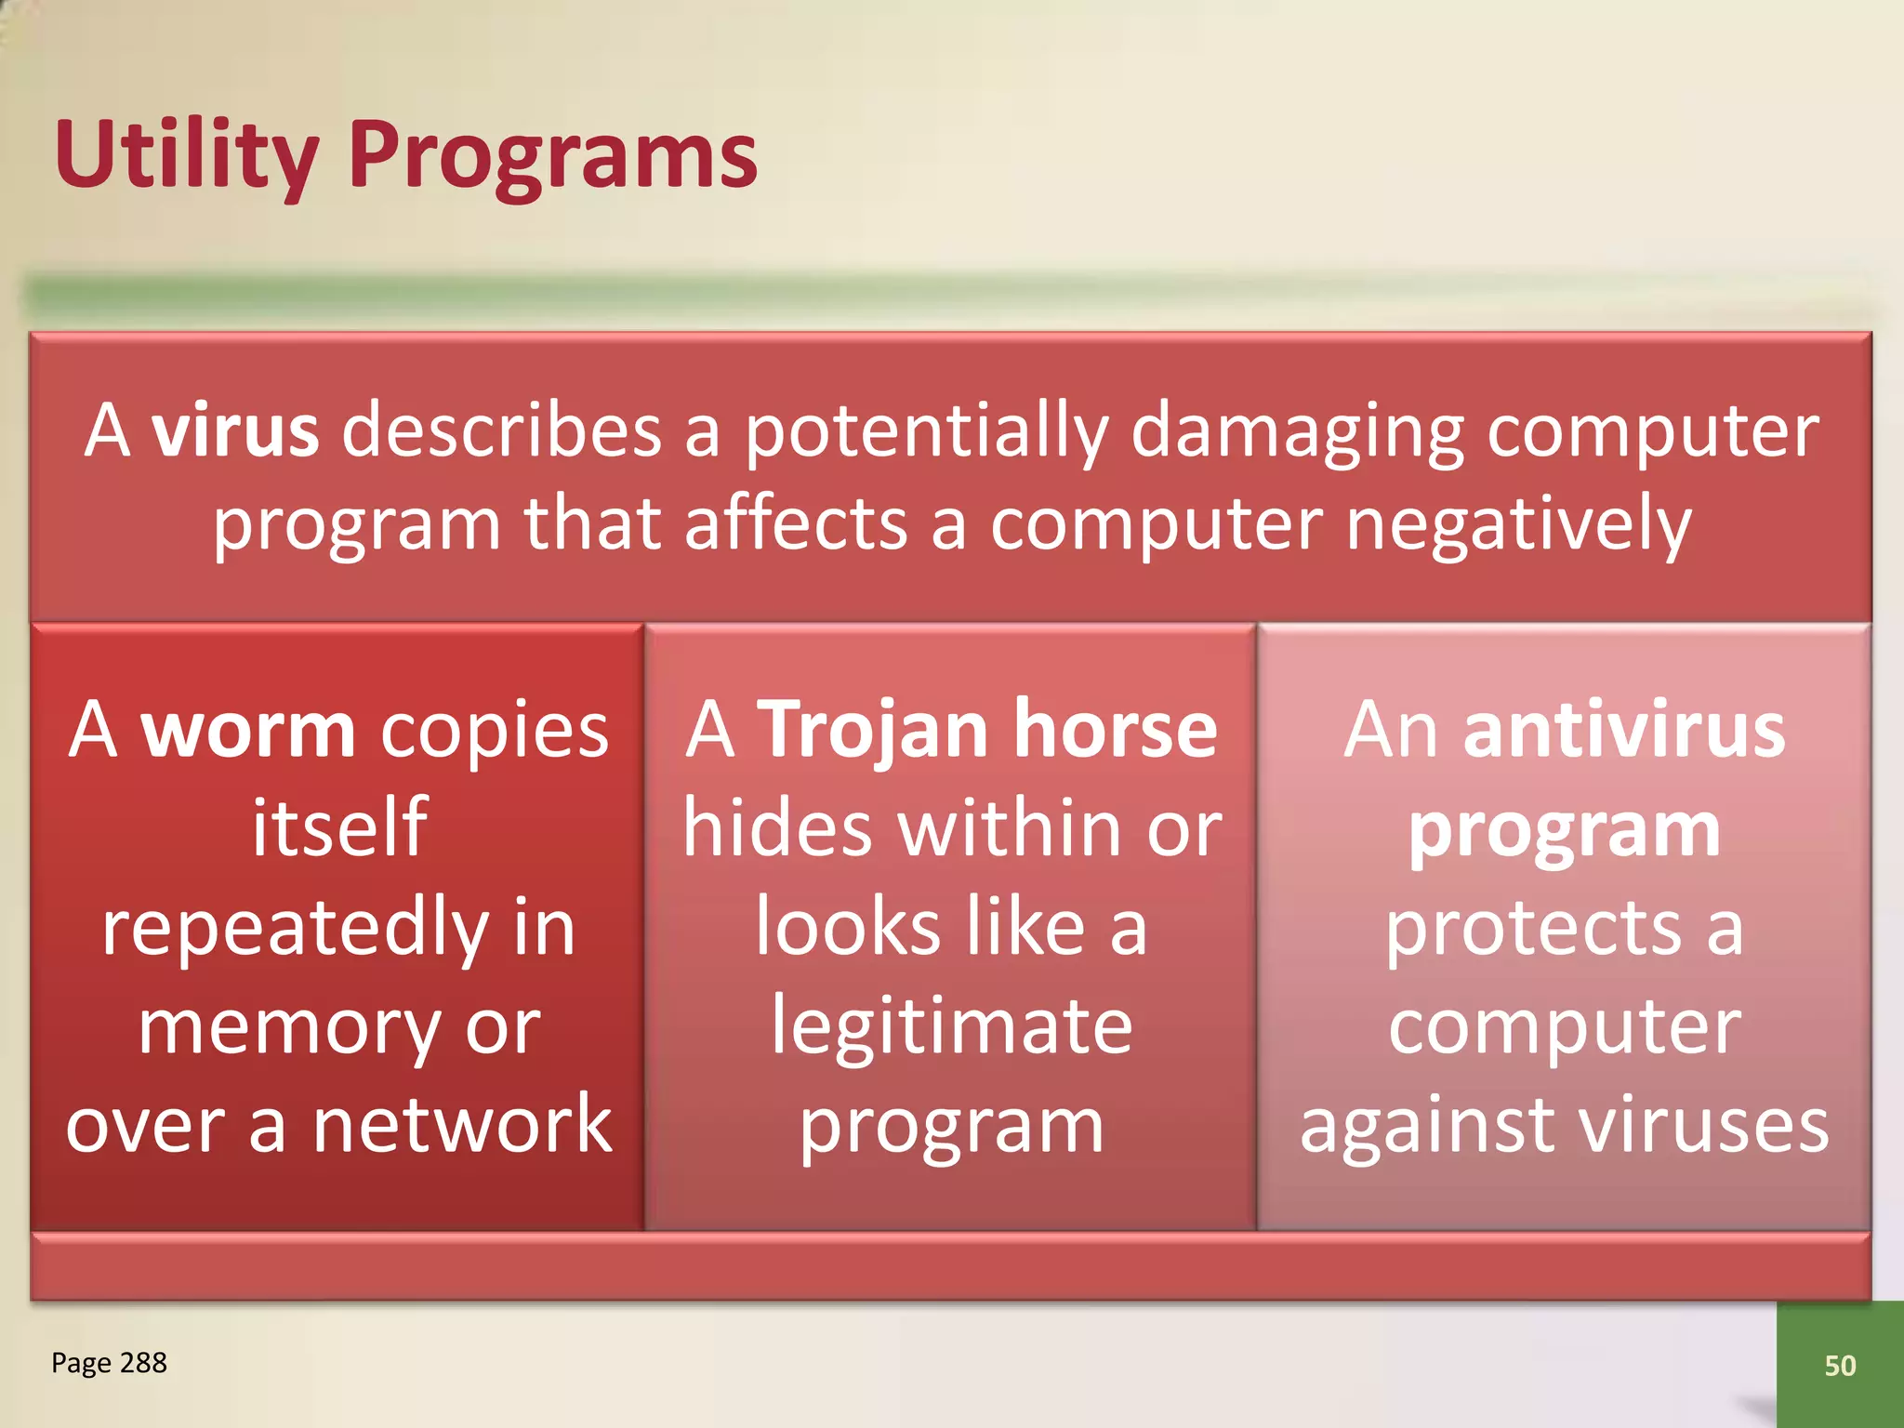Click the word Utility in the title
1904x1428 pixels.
click(x=186, y=154)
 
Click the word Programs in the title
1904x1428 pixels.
click(x=553, y=154)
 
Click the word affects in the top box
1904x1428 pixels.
click(x=796, y=523)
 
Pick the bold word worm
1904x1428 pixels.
click(x=247, y=731)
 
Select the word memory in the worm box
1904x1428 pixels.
click(x=288, y=1028)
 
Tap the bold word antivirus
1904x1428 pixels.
click(x=1623, y=731)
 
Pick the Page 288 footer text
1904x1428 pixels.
click(x=109, y=1363)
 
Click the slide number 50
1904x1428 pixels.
click(x=1840, y=1366)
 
